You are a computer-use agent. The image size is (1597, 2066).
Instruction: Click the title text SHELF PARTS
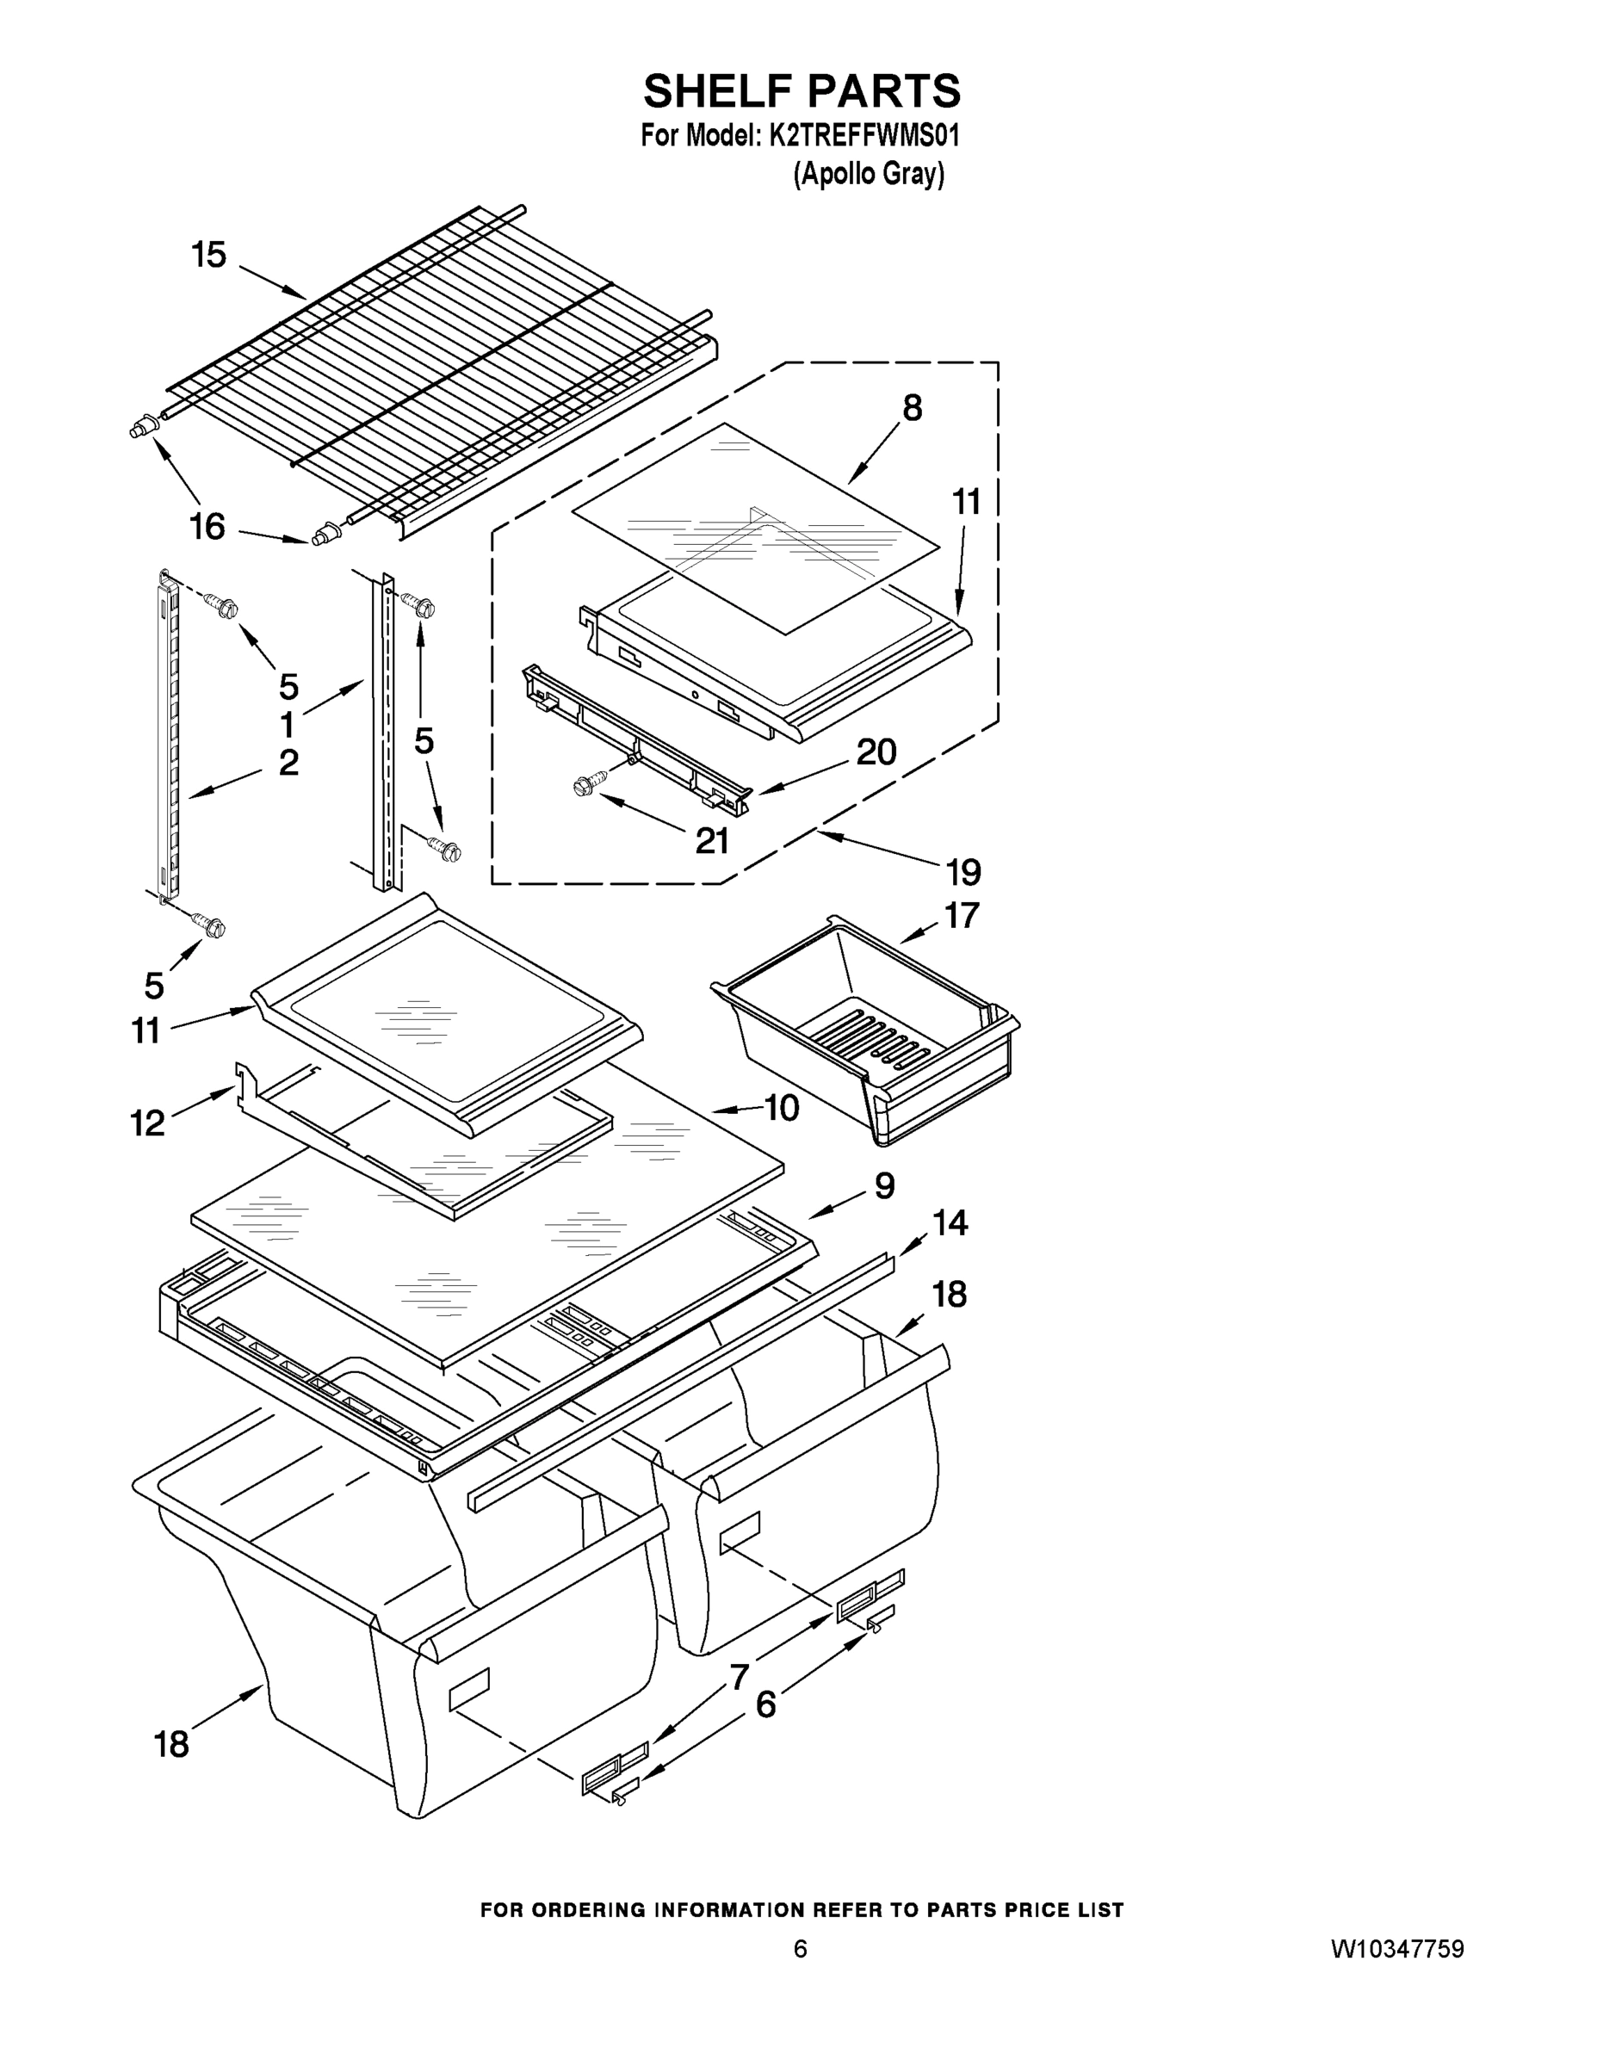tap(802, 92)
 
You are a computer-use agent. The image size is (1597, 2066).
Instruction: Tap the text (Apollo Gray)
tap(869, 175)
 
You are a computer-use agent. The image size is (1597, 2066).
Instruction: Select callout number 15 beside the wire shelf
tap(209, 255)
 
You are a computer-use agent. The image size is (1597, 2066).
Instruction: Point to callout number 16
tap(207, 526)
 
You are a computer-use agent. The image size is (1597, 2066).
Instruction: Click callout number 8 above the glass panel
tap(912, 409)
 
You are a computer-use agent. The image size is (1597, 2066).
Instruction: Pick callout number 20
tap(876, 752)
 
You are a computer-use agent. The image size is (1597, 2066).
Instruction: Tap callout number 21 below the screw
tap(711, 840)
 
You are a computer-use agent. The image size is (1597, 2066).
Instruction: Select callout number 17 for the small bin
tap(963, 915)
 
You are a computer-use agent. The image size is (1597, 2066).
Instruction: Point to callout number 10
tap(782, 1107)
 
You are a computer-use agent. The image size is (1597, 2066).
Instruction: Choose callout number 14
tap(950, 1223)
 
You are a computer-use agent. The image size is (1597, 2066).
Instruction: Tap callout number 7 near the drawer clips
tap(739, 1677)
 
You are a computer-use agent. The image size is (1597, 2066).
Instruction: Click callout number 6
tap(765, 1704)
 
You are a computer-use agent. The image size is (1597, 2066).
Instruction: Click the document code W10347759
tap(1397, 1949)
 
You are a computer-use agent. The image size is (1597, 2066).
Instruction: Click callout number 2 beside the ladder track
tap(288, 763)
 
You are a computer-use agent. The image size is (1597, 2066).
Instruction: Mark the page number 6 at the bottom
tap(801, 1949)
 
